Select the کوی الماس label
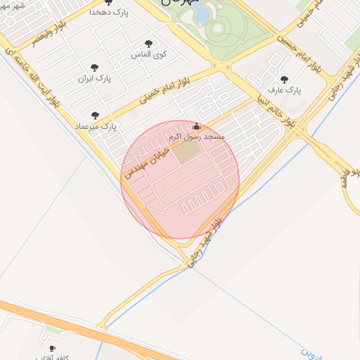(149, 53)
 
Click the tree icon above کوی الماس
(148, 44)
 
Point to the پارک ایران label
(94, 78)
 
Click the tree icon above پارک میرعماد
(95, 115)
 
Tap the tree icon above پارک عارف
(284, 80)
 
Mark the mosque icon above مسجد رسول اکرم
(196, 127)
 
